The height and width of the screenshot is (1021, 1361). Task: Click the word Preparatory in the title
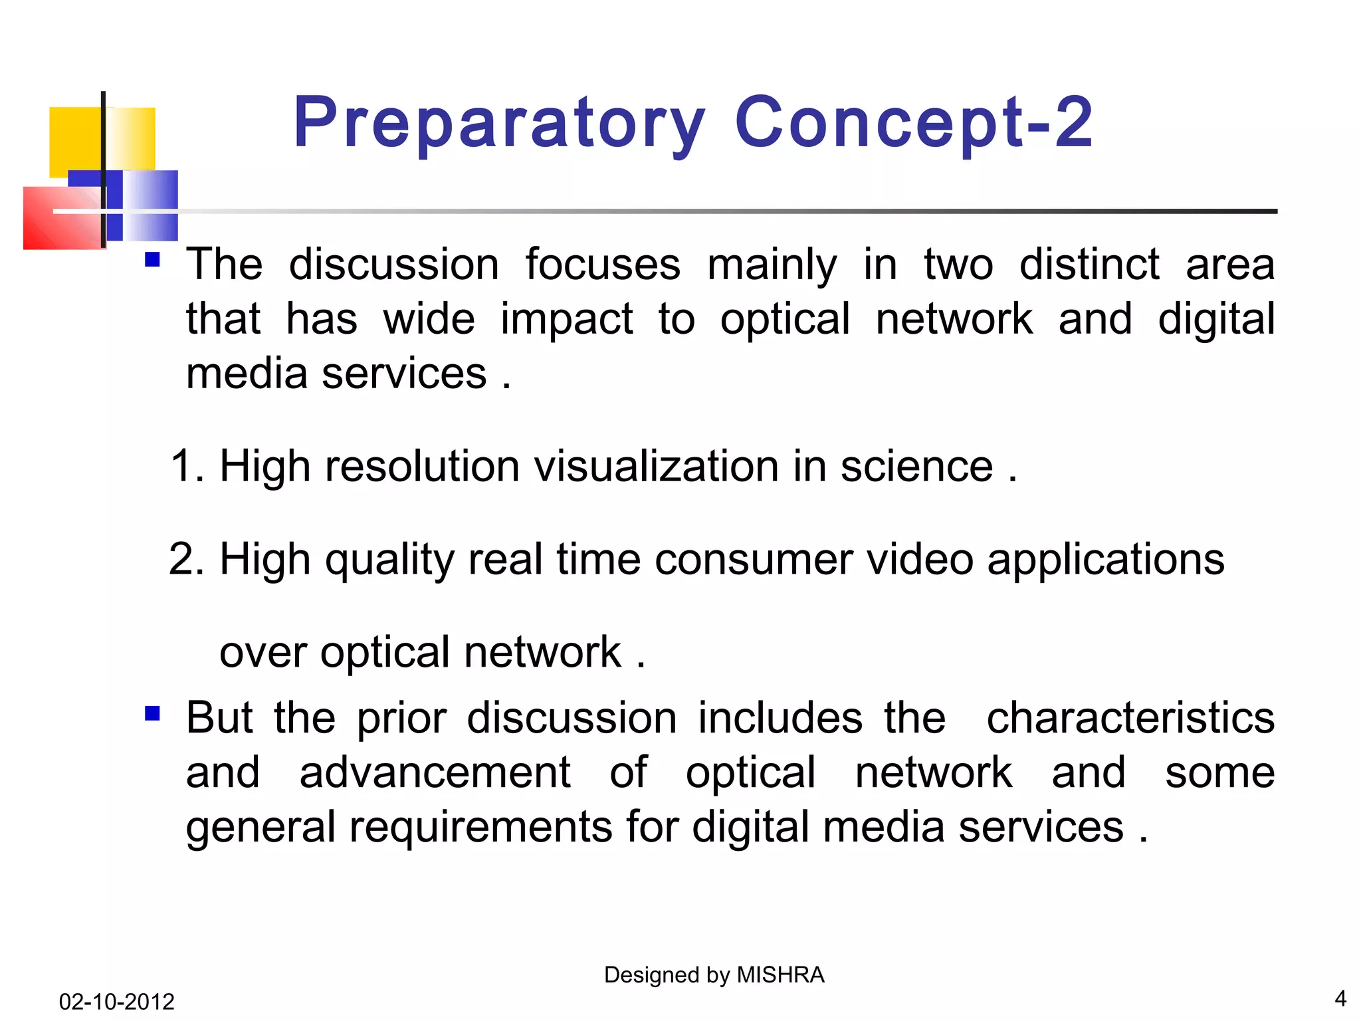[x=498, y=123]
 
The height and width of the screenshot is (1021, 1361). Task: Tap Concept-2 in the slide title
[x=914, y=123]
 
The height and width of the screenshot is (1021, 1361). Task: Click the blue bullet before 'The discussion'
[x=152, y=259]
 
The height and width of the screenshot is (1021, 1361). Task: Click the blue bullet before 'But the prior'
[x=152, y=714]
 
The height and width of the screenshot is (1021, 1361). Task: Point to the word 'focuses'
[x=603, y=265]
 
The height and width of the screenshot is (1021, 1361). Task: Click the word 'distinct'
[x=1089, y=265]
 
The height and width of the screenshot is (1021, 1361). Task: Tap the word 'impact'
[x=567, y=319]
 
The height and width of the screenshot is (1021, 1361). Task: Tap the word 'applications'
[x=1105, y=560]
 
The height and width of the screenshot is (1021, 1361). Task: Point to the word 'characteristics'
[x=1130, y=718]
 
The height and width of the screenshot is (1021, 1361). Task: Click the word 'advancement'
[x=435, y=772]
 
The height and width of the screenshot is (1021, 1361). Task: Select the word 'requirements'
[x=481, y=828]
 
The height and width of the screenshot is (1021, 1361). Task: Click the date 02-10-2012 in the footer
[x=116, y=1001]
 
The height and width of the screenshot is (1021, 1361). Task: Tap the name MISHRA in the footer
[x=781, y=974]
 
